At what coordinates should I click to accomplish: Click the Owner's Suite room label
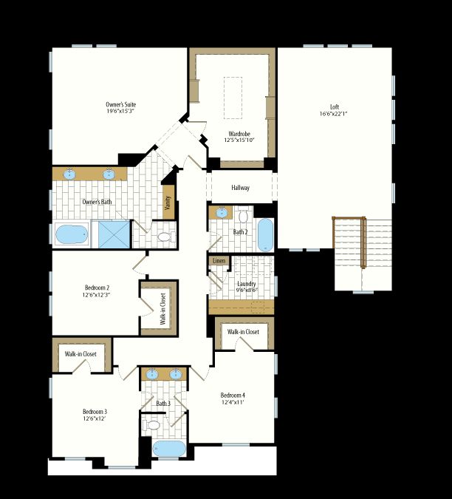121,104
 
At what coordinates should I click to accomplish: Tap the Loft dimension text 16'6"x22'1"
333,114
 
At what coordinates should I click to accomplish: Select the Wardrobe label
239,134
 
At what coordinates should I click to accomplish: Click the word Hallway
240,188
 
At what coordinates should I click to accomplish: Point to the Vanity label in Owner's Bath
168,203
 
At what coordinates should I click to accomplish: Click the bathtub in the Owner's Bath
72,234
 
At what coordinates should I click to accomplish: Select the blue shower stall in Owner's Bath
114,234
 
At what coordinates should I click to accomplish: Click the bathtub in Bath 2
265,235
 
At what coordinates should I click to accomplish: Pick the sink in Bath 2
222,213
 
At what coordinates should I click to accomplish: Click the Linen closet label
219,261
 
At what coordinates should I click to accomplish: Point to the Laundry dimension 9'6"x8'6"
247,291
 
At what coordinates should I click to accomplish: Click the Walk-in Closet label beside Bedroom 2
162,309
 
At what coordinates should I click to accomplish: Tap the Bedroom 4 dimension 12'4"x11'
233,402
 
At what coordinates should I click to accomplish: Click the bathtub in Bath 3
169,449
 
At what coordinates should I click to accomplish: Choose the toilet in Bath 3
151,425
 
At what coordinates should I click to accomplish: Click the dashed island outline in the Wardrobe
233,98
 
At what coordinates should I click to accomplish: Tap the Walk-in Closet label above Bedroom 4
243,332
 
